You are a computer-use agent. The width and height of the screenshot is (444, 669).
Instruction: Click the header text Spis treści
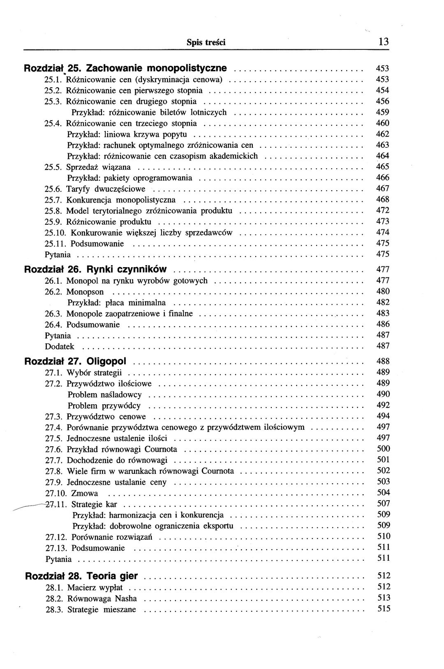pyautogui.click(x=206, y=42)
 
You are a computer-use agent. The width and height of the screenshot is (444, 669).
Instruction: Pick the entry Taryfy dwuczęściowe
pyautogui.click(x=106, y=189)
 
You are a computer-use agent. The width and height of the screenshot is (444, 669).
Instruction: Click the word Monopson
pyautogui.click(x=85, y=292)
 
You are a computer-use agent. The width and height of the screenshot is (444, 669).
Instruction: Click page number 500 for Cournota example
pyautogui.click(x=383, y=449)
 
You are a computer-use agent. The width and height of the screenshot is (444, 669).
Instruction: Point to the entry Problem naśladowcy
pyautogui.click(x=104, y=395)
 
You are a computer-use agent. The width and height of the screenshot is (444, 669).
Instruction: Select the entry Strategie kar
pyautogui.click(x=94, y=504)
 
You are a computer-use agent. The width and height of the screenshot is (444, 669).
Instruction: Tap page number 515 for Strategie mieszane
pyautogui.click(x=383, y=609)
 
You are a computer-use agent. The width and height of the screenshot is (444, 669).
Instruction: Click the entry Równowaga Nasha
pyautogui.click(x=102, y=599)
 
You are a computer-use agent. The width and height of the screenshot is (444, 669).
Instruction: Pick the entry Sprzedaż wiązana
pyautogui.click(x=98, y=167)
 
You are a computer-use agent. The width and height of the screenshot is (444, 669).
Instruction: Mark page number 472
pyautogui.click(x=383, y=210)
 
